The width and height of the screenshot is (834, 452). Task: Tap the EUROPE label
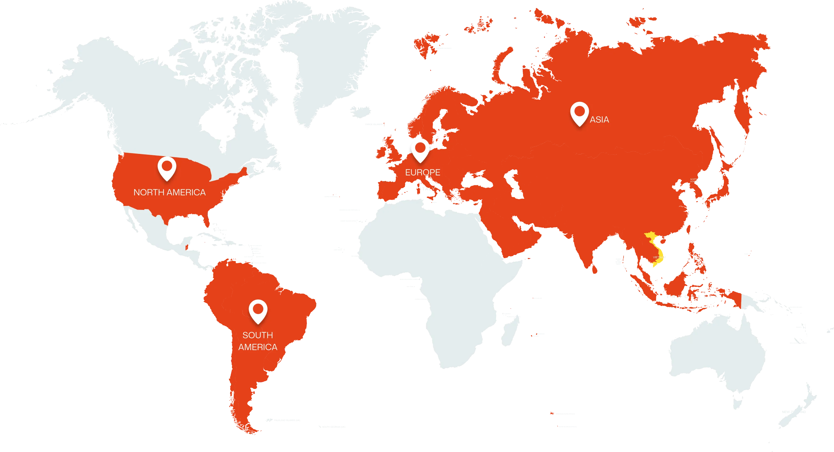(423, 173)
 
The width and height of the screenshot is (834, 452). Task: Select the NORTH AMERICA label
(169, 193)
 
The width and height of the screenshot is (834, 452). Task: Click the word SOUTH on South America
(258, 335)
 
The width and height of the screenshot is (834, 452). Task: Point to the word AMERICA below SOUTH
(258, 347)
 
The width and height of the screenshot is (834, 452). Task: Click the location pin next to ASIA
(579, 113)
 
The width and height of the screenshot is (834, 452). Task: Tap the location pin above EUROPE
(420, 150)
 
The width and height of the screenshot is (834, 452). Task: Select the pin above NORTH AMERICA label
(167, 168)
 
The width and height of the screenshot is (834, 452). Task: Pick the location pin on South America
(258, 311)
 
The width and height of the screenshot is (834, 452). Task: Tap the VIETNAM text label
(657, 257)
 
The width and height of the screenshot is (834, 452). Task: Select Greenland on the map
(324, 65)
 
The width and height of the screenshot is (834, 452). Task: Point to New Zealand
(800, 408)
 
